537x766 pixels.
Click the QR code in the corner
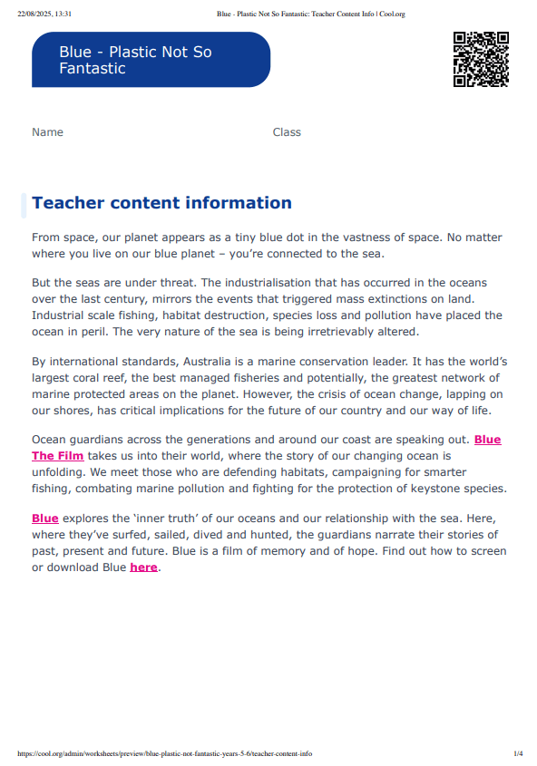pos(480,59)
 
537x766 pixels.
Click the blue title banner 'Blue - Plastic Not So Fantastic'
pos(151,60)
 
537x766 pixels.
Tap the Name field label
pos(47,132)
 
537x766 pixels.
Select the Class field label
pos(287,132)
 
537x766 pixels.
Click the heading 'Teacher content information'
pos(161,203)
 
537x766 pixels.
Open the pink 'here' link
pos(143,567)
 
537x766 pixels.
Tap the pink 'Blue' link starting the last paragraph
pos(44,519)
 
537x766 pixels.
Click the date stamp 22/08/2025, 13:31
pos(44,15)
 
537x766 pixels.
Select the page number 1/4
pos(518,753)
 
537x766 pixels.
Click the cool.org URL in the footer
pos(164,753)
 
